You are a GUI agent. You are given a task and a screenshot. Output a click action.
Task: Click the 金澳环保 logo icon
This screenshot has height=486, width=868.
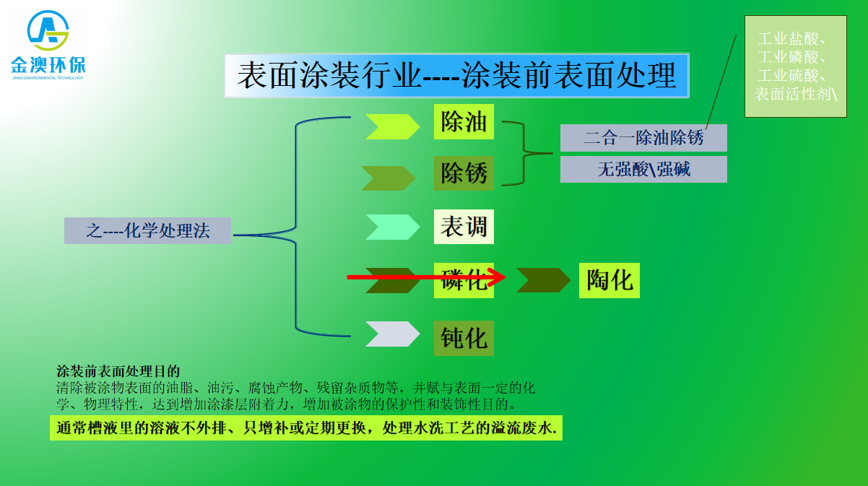tap(48, 30)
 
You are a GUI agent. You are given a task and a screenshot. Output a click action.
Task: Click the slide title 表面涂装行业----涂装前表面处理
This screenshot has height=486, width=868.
tap(456, 76)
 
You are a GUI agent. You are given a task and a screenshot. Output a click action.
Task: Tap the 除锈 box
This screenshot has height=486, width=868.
tap(464, 173)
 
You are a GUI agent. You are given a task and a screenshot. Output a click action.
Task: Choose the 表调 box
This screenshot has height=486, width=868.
tap(464, 227)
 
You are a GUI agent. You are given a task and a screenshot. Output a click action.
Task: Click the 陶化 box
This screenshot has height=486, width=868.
tap(609, 280)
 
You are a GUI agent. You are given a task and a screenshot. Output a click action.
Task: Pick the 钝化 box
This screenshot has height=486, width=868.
tap(464, 338)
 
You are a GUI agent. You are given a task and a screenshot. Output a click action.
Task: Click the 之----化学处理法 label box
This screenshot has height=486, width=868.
tap(147, 231)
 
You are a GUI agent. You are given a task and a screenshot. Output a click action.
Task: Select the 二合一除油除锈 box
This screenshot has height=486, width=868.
tap(643, 138)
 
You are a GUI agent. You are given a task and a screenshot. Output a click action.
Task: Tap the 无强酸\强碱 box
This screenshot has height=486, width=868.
tap(643, 170)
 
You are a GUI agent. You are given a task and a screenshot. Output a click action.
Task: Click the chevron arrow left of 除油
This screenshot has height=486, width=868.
tap(392, 126)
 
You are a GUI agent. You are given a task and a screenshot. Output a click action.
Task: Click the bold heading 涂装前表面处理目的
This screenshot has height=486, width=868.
tap(118, 372)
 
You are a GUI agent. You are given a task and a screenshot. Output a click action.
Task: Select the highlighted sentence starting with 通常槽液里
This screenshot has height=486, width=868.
tap(306, 428)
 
